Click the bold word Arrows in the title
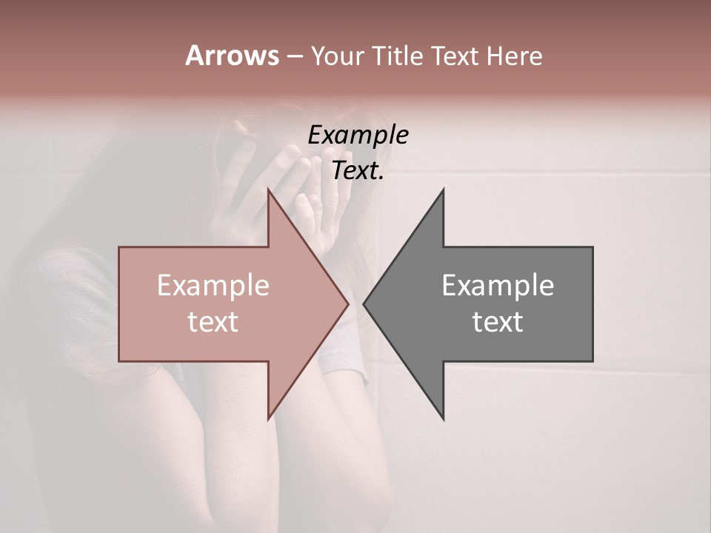coord(232,56)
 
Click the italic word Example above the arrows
coord(358,135)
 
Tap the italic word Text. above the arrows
coord(358,171)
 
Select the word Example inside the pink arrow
coord(213,286)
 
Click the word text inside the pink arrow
coord(213,321)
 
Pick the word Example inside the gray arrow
coord(498,286)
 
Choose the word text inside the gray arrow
coord(498,321)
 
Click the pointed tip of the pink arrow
coord(347,304)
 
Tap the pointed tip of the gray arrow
coord(364,304)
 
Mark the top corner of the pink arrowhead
coord(269,190)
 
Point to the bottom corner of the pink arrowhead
coord(269,418)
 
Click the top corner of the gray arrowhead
coord(443,190)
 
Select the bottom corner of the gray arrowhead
coord(443,418)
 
